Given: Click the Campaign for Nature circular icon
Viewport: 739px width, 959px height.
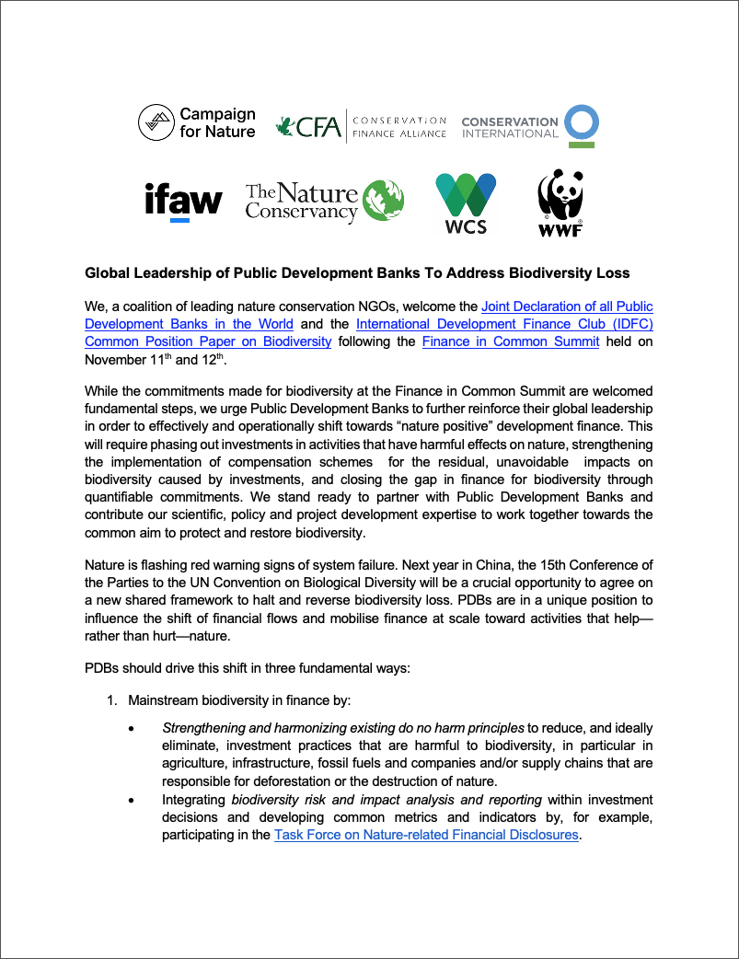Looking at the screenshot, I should pos(156,122).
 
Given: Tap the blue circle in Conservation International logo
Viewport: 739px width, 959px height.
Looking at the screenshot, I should pos(582,123).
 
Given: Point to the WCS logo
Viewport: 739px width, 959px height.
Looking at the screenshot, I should pos(465,202).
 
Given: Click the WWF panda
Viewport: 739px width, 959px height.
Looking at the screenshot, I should pos(560,195).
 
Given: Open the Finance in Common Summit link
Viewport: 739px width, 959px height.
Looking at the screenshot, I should pos(511,341).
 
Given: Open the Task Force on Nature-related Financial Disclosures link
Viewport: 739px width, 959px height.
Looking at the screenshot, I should pos(427,835).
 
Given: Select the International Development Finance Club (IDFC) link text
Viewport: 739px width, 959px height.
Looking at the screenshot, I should pos(504,324).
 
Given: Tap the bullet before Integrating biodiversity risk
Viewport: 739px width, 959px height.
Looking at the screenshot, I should pos(133,800).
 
